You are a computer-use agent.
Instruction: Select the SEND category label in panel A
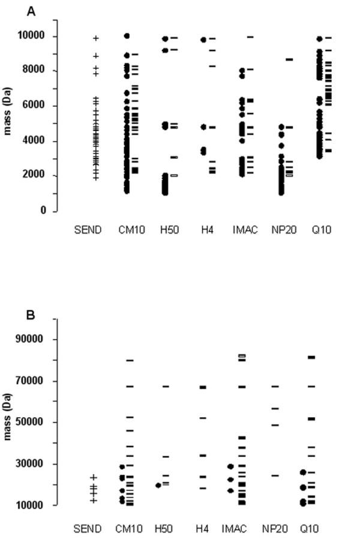(88, 230)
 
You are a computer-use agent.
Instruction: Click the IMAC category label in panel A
(244, 230)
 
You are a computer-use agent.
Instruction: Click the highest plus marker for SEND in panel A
(95, 38)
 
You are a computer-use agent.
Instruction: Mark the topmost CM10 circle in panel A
(127, 36)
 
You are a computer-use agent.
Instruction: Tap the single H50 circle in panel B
(159, 485)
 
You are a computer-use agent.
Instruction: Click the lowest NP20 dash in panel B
(275, 475)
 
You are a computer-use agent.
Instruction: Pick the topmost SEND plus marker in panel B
(94, 477)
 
